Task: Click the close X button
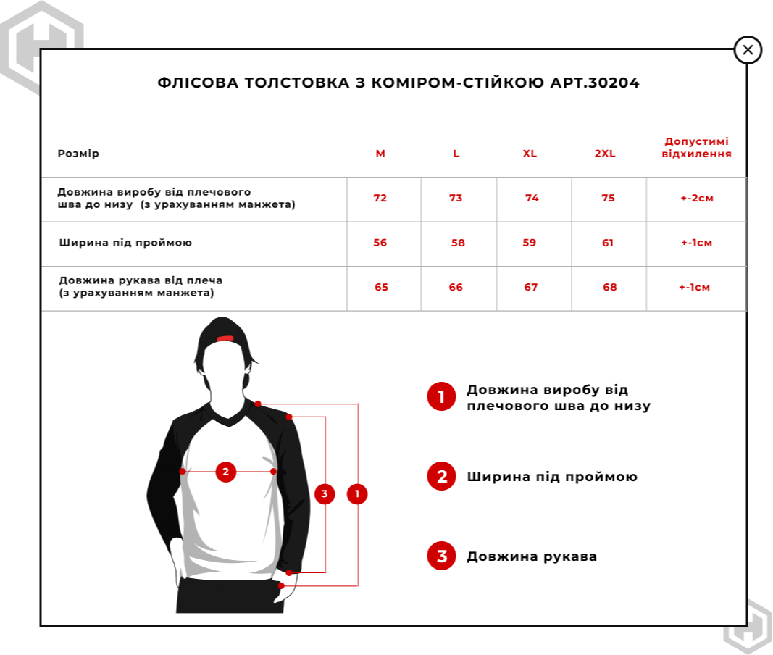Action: click(748, 50)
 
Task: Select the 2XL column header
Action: click(604, 154)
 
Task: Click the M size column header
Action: click(380, 154)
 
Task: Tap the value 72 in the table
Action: click(380, 199)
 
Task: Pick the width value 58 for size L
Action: click(458, 243)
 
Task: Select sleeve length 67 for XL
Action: click(531, 288)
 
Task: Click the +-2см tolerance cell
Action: click(697, 199)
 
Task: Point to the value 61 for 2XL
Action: click(608, 243)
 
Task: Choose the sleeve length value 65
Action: click(381, 288)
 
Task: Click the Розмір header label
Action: click(78, 154)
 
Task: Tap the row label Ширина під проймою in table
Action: click(125, 243)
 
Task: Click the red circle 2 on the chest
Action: click(226, 472)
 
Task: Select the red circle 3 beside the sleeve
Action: click(325, 494)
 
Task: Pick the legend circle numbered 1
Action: click(441, 397)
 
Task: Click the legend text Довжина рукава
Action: click(532, 556)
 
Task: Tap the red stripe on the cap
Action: click(225, 338)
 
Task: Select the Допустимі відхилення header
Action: click(696, 148)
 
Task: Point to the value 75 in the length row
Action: click(608, 199)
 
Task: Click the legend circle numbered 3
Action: click(441, 556)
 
